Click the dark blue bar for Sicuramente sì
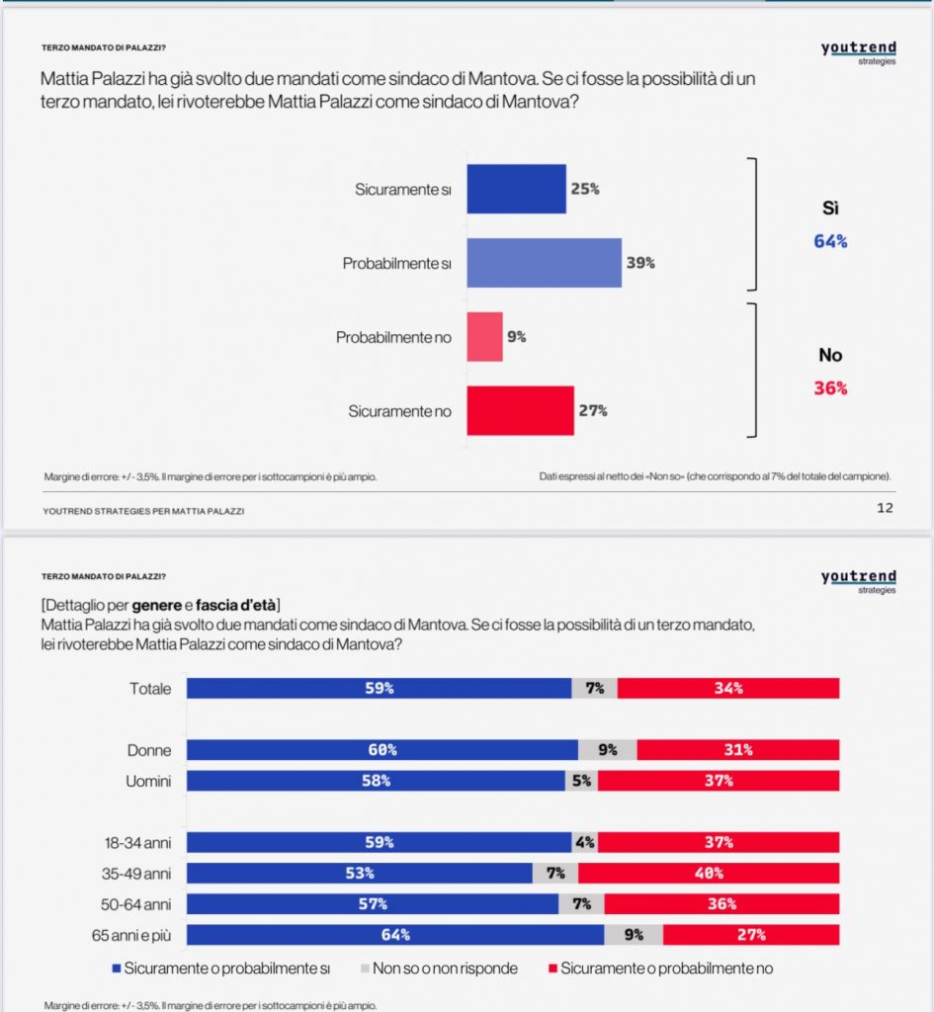(516, 189)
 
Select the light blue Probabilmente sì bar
(545, 263)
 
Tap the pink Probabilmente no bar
(484, 337)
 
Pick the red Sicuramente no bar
(520, 410)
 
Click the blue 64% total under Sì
(830, 241)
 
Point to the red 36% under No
(830, 387)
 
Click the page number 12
(885, 508)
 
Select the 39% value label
(640, 263)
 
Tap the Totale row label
(150, 689)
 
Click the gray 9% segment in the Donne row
(608, 750)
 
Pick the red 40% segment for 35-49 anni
(709, 874)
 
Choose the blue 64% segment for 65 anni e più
(395, 935)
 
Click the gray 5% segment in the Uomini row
(581, 781)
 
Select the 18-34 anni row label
(138, 843)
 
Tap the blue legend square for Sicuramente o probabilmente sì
(117, 969)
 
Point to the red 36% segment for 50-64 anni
(722, 903)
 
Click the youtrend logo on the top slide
(859, 51)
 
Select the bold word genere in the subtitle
(157, 606)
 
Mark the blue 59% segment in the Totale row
(380, 688)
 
